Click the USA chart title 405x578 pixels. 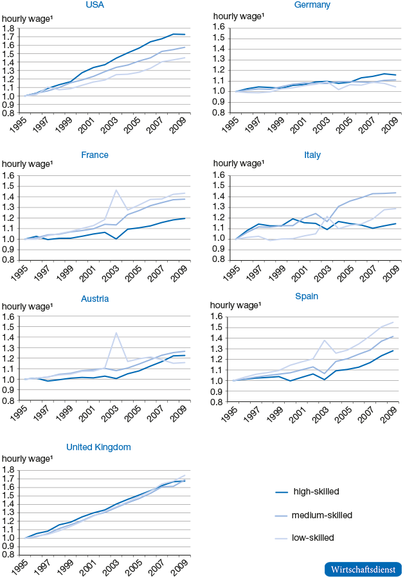(94, 5)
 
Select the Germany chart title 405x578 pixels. (312, 5)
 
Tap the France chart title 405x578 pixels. (94, 155)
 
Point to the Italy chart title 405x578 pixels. (312, 155)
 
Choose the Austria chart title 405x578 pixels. (94, 299)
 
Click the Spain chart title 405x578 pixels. (312, 296)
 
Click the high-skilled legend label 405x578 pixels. (316, 491)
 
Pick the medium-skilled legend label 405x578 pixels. (321, 515)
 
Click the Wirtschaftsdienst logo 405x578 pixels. (364, 569)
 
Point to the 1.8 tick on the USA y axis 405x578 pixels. (10, 29)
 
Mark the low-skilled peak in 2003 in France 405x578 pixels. (116, 189)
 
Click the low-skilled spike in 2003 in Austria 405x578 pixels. (116, 333)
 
